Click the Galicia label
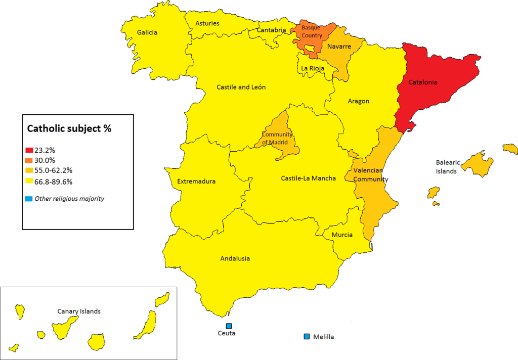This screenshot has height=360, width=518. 147,32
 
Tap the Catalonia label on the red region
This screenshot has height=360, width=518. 422,82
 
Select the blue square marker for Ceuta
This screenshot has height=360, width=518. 229,326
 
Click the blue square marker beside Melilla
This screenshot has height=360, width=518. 307,336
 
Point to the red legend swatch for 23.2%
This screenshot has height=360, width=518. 29,151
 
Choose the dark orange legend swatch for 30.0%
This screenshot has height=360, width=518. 29,160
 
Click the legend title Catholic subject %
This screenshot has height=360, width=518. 69,128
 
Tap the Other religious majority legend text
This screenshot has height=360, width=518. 69,199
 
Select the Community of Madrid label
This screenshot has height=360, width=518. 277,138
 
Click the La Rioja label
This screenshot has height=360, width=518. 312,68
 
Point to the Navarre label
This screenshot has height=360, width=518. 339,47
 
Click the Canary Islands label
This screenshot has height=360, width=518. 79,311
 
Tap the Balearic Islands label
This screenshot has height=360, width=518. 448,167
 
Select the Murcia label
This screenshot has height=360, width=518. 342,235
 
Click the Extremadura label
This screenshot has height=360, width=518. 197,182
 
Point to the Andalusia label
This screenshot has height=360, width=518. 235,258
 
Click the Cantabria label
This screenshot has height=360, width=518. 271,30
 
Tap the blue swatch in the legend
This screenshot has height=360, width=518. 29,199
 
